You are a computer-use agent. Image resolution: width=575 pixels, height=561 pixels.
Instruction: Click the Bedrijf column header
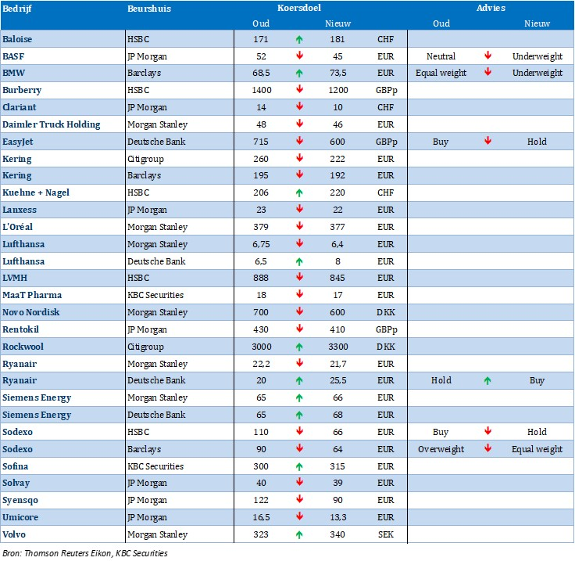[x=17, y=9]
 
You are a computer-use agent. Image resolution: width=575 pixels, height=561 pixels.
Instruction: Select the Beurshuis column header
[x=149, y=9]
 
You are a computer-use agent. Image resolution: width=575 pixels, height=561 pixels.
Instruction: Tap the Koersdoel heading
[x=299, y=8]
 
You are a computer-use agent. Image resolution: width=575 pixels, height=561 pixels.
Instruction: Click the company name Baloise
[x=17, y=39]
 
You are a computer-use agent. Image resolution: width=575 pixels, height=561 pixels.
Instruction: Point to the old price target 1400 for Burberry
[x=262, y=90]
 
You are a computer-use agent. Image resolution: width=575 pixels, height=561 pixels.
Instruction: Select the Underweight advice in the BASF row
[x=537, y=56]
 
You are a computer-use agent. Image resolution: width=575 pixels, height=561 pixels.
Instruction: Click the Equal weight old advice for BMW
[x=441, y=73]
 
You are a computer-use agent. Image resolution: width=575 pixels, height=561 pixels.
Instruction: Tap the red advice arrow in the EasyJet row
[x=487, y=141]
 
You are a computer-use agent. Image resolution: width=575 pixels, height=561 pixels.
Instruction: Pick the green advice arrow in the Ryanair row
[x=487, y=381]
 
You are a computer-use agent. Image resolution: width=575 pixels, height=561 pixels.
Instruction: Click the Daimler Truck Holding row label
[x=52, y=124]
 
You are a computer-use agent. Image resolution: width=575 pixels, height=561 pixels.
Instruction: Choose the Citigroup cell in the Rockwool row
[x=145, y=347]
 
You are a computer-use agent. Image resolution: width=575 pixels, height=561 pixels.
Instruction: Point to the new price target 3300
[x=337, y=347]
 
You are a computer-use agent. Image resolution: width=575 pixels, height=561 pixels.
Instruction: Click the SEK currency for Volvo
[x=386, y=534]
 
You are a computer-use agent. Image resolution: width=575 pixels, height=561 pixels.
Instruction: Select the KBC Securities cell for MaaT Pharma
[x=155, y=295]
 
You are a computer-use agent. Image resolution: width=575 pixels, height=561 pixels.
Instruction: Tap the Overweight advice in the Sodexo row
[x=441, y=449]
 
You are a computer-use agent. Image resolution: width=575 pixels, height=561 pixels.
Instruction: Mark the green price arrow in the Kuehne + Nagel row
[x=299, y=192]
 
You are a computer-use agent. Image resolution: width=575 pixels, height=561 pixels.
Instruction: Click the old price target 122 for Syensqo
[x=261, y=500]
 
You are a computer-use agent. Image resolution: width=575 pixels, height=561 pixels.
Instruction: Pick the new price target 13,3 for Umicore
[x=337, y=517]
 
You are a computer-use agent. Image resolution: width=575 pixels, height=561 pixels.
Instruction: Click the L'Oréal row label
[x=18, y=227]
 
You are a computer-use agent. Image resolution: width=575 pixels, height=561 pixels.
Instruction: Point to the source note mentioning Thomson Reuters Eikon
[x=85, y=553]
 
